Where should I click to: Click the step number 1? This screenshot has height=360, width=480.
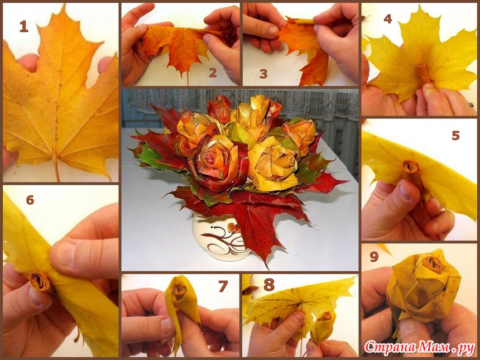tap(24, 26)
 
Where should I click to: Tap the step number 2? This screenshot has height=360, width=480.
tap(213, 73)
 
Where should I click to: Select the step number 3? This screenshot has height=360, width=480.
tap(263, 74)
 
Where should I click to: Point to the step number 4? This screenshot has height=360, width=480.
tap(387, 19)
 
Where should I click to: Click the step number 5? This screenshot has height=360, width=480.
tap(456, 135)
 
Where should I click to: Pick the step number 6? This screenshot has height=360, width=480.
tap(30, 200)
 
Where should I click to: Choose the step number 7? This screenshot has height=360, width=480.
tap(223, 286)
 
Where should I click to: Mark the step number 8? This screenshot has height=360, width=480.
tap(269, 285)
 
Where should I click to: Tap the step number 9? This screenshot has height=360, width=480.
tap(374, 257)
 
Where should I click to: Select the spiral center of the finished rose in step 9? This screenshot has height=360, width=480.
tap(432, 264)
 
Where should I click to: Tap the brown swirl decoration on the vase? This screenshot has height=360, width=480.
tap(225, 241)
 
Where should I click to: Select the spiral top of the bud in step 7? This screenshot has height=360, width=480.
tap(179, 289)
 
